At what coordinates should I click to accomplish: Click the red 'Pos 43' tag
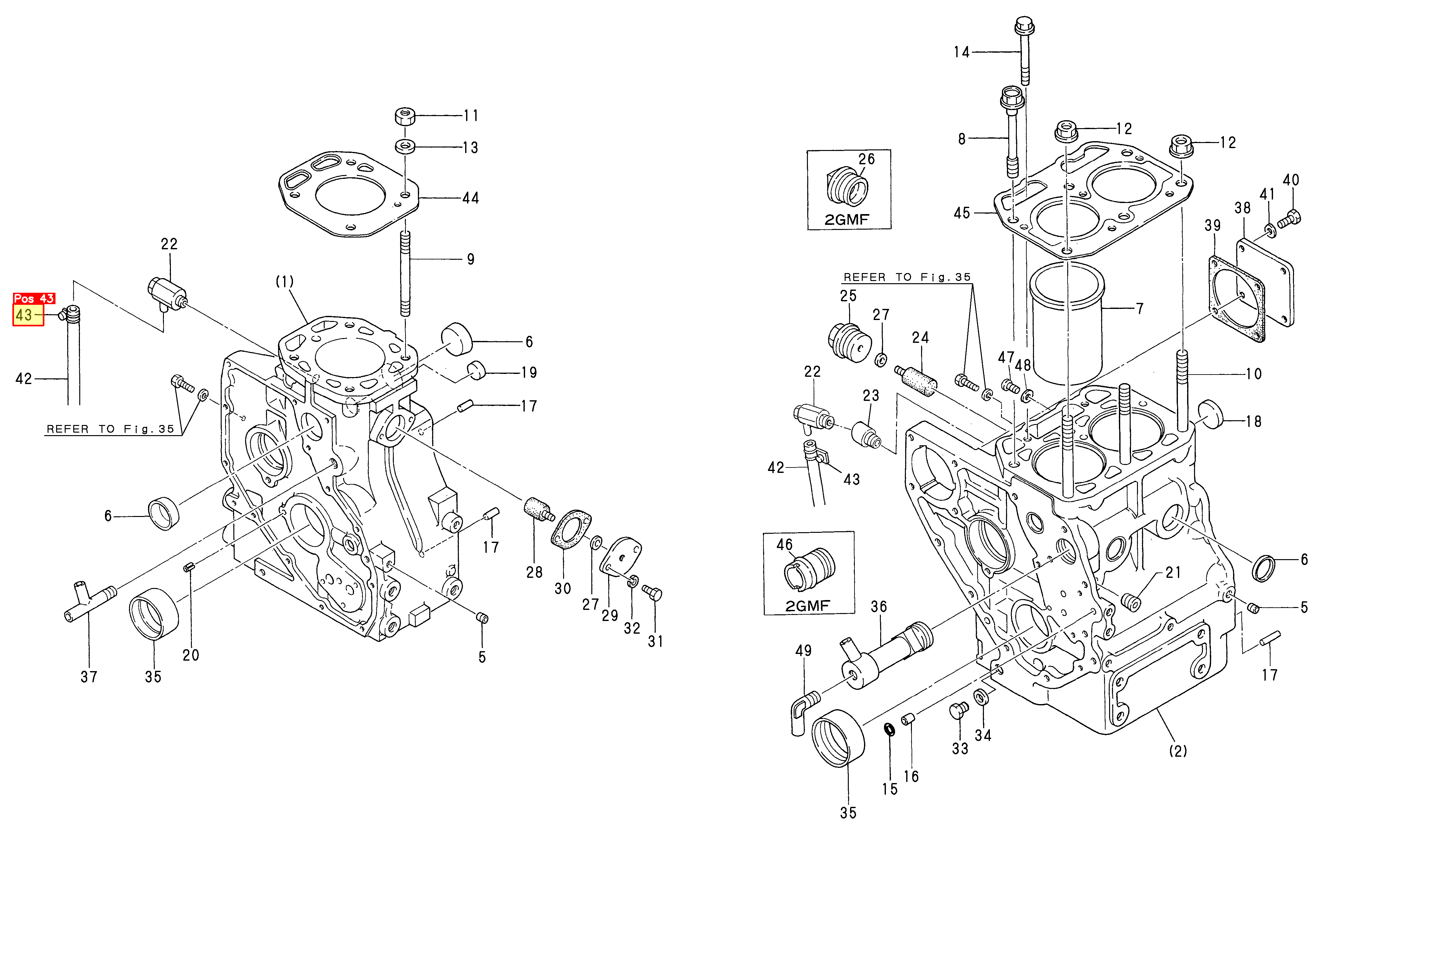34,298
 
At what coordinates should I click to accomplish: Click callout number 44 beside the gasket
471,198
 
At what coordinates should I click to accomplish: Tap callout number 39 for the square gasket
1212,226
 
